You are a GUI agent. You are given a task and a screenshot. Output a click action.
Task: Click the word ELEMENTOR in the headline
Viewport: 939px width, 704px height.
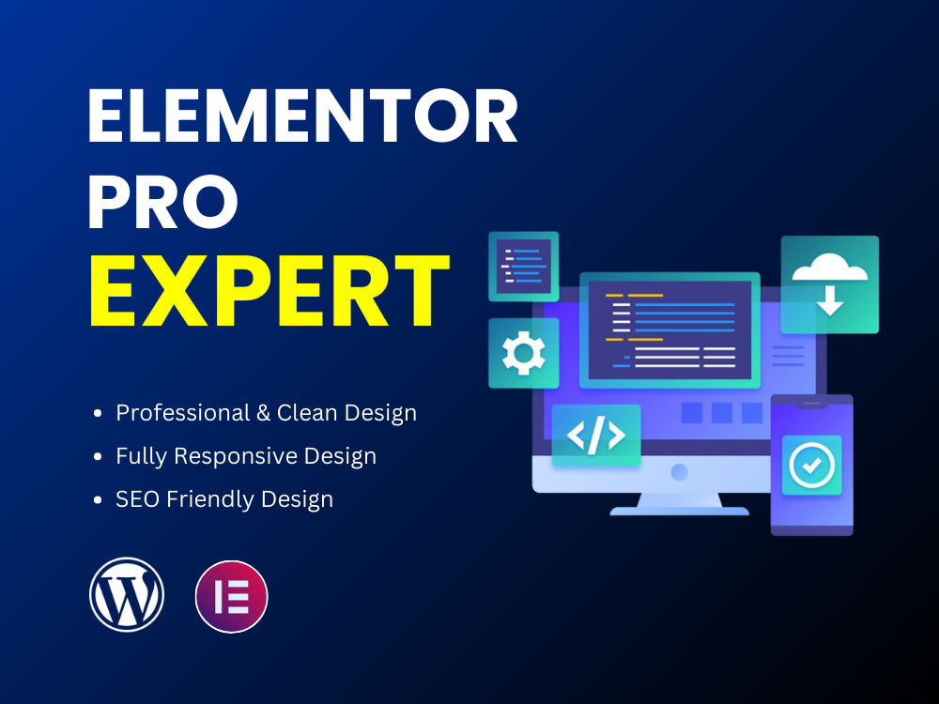[x=301, y=117]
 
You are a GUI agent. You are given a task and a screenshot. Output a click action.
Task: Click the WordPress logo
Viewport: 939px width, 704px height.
[x=127, y=594]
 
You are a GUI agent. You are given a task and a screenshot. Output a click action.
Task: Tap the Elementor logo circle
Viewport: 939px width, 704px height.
[x=231, y=596]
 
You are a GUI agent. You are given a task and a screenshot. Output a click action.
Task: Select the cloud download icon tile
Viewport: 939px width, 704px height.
[x=829, y=284]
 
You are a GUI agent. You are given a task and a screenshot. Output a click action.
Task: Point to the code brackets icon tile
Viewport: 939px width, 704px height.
[x=595, y=436]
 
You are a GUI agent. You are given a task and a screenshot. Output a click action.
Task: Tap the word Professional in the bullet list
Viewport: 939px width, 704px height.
[x=177, y=413]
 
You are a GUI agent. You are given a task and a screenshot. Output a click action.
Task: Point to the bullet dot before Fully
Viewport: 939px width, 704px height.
[x=99, y=457]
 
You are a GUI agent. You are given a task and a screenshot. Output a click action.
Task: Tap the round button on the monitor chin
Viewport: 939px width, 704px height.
[x=679, y=472]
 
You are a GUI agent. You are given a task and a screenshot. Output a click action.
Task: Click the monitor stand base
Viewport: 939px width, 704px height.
[x=679, y=511]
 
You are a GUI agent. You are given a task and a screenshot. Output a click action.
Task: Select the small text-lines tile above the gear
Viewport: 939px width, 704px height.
[x=523, y=267]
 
